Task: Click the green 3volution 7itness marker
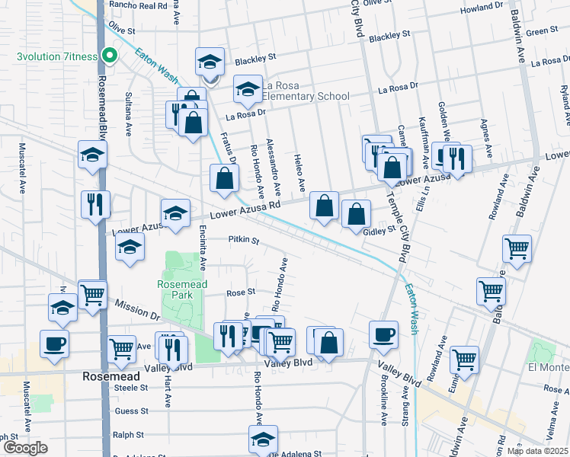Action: (110, 55)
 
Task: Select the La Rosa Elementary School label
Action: (305, 91)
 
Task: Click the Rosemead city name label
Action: (111, 376)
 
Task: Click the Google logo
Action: (25, 448)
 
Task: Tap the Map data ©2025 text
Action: (537, 451)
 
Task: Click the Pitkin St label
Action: (244, 240)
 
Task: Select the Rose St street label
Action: (240, 292)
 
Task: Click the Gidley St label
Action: (379, 231)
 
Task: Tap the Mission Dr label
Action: (137, 309)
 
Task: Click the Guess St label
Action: (132, 411)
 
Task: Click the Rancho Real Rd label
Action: (138, 5)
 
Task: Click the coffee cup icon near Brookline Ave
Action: (383, 333)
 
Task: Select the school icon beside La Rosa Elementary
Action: (248, 91)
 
